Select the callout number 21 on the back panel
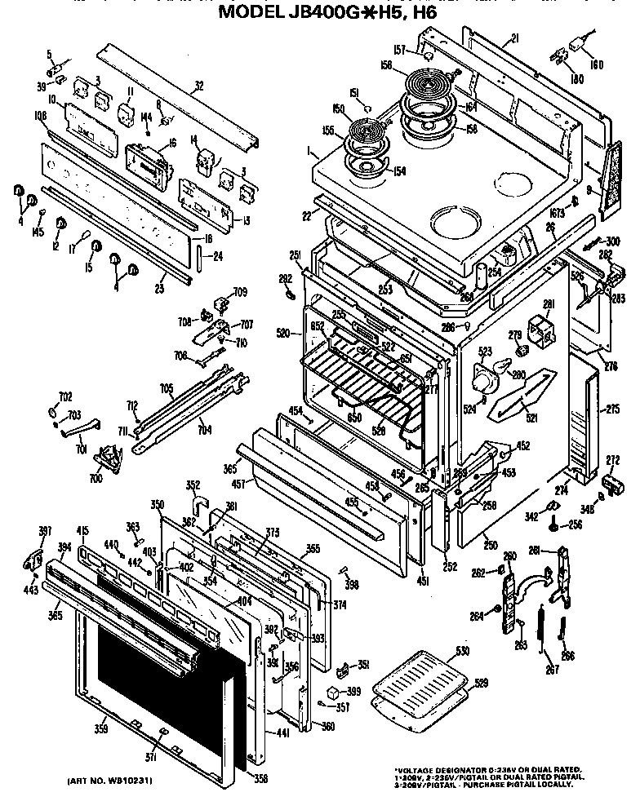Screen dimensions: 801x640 [514, 38]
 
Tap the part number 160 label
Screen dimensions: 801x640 [595, 64]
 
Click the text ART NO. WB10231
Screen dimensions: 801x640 [112, 781]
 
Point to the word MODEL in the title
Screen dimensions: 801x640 [252, 14]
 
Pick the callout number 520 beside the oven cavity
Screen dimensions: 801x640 [282, 333]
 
